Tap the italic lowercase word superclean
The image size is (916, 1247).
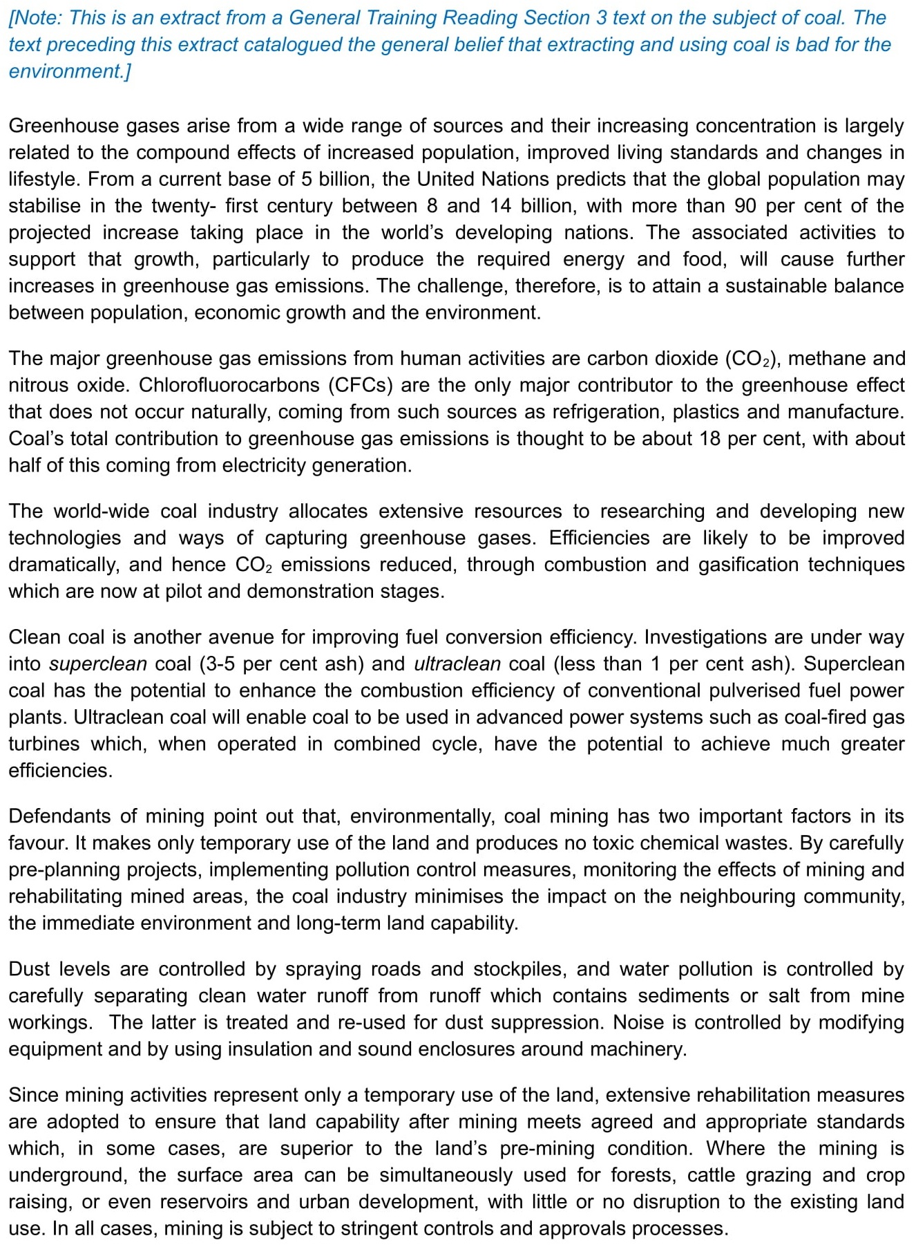click(x=98, y=664)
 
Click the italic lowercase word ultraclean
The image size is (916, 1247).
click(x=457, y=664)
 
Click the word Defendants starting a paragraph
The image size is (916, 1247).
click(x=60, y=816)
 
